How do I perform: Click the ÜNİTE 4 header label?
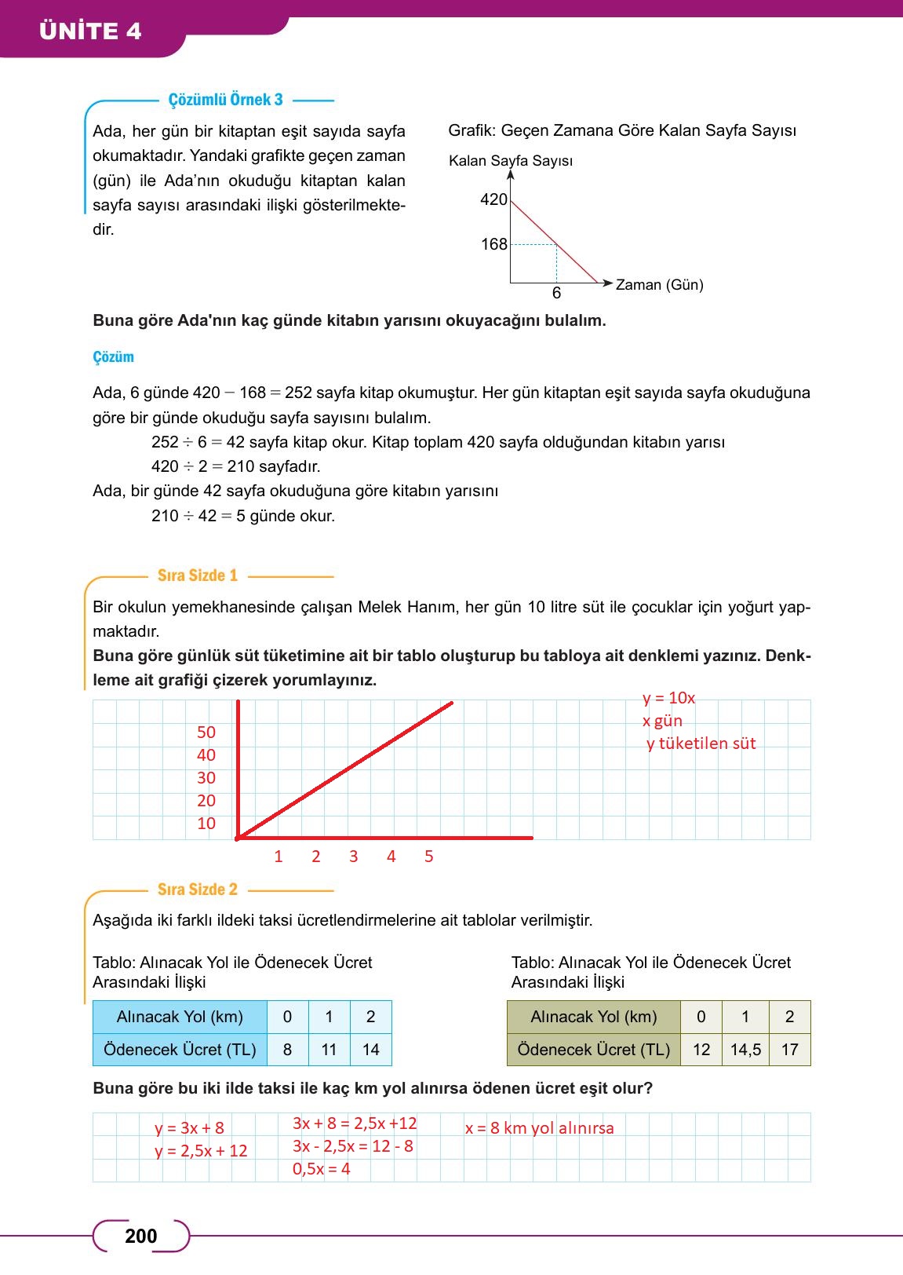pos(90,31)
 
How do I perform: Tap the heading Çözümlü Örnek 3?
pos(225,100)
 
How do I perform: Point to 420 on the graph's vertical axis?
pos(493,199)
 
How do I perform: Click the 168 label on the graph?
pos(493,244)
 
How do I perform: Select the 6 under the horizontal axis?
pos(556,294)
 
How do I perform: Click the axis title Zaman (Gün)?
pos(659,284)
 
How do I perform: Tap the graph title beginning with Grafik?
pos(621,130)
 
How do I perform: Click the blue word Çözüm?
pos(113,357)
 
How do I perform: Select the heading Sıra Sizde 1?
pos(197,575)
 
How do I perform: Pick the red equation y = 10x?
pos(668,698)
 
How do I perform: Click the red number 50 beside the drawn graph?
pos(206,732)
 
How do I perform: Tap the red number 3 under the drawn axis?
pos(353,857)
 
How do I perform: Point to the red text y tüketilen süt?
pos(701,743)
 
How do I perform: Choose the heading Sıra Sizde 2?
pos(197,890)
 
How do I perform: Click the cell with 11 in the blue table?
pos(329,1050)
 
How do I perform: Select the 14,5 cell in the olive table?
pos(745,1050)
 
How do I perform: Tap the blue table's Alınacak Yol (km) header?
pos(180,1017)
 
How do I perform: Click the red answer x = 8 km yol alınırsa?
pos(539,1128)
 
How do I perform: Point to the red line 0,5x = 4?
pos(321,1169)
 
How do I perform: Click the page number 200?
pos(141,1237)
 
